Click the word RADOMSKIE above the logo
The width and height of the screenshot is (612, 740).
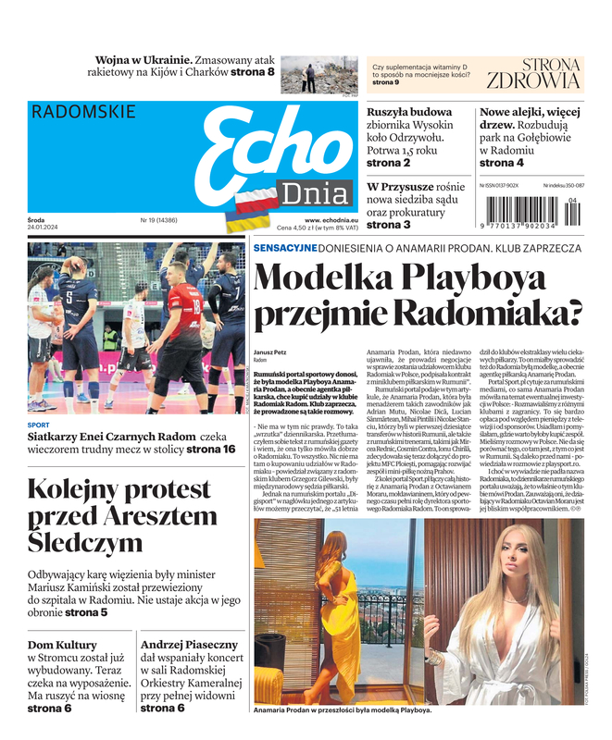click(x=82, y=112)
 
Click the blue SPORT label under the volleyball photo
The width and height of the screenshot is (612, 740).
click(x=38, y=425)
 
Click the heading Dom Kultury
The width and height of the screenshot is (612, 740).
click(x=62, y=645)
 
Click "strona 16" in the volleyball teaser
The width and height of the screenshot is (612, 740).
click(x=211, y=450)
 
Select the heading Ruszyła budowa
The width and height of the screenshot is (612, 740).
click(x=409, y=113)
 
